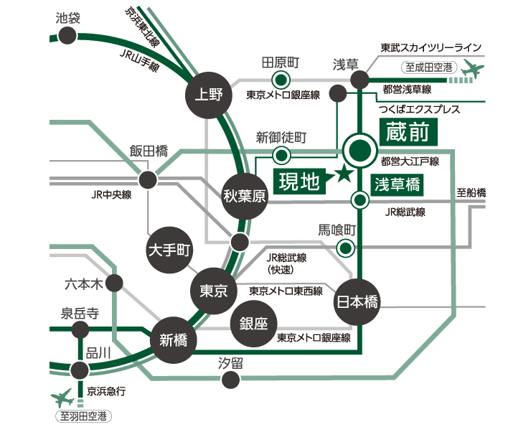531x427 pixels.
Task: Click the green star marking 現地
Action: coord(344,173)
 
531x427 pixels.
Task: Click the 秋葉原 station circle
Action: coord(245,196)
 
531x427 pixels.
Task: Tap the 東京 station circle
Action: coord(212,291)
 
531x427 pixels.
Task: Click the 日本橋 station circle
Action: coord(357,301)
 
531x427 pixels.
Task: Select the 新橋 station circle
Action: coord(173,339)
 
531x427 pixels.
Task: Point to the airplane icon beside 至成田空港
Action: coord(473,70)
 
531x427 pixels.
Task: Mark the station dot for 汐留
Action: coord(230,381)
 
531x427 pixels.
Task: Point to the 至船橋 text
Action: coord(471,193)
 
